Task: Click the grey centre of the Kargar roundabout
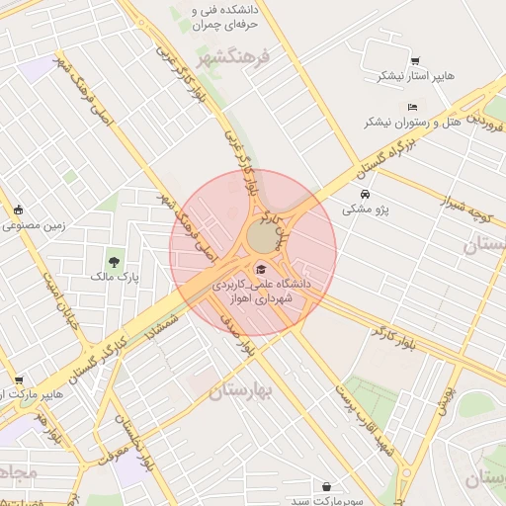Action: point(261,238)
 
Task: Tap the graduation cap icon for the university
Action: point(261,269)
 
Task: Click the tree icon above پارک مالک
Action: point(116,262)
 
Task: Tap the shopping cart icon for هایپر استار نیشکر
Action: point(413,62)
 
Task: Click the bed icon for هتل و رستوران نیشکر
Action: point(412,108)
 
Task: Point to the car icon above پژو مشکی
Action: point(366,195)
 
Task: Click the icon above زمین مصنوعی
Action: point(19,210)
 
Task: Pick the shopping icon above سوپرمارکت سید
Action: point(327,486)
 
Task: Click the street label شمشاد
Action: point(167,326)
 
